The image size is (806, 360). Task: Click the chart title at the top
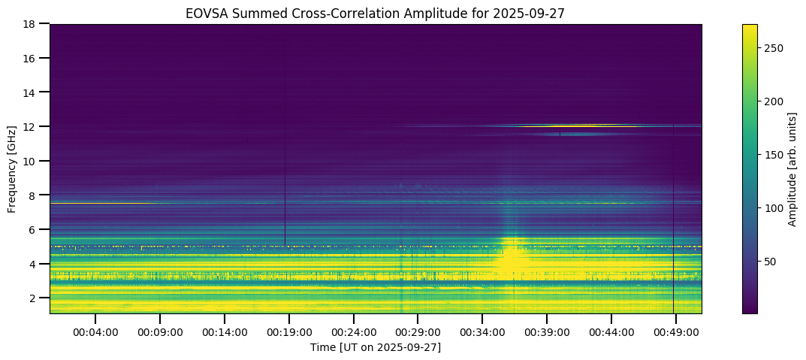click(376, 14)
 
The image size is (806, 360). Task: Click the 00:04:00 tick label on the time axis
click(96, 332)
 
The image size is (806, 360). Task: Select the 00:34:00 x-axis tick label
click(482, 332)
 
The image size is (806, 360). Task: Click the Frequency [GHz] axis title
click(13, 168)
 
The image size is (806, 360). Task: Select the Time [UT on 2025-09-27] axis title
click(376, 347)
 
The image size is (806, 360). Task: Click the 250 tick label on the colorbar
click(774, 48)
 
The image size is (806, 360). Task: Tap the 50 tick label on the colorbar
click(772, 262)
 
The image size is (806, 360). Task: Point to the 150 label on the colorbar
click(774, 155)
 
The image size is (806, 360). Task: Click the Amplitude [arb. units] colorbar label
click(793, 168)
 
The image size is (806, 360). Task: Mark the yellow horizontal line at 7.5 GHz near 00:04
click(98, 203)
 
